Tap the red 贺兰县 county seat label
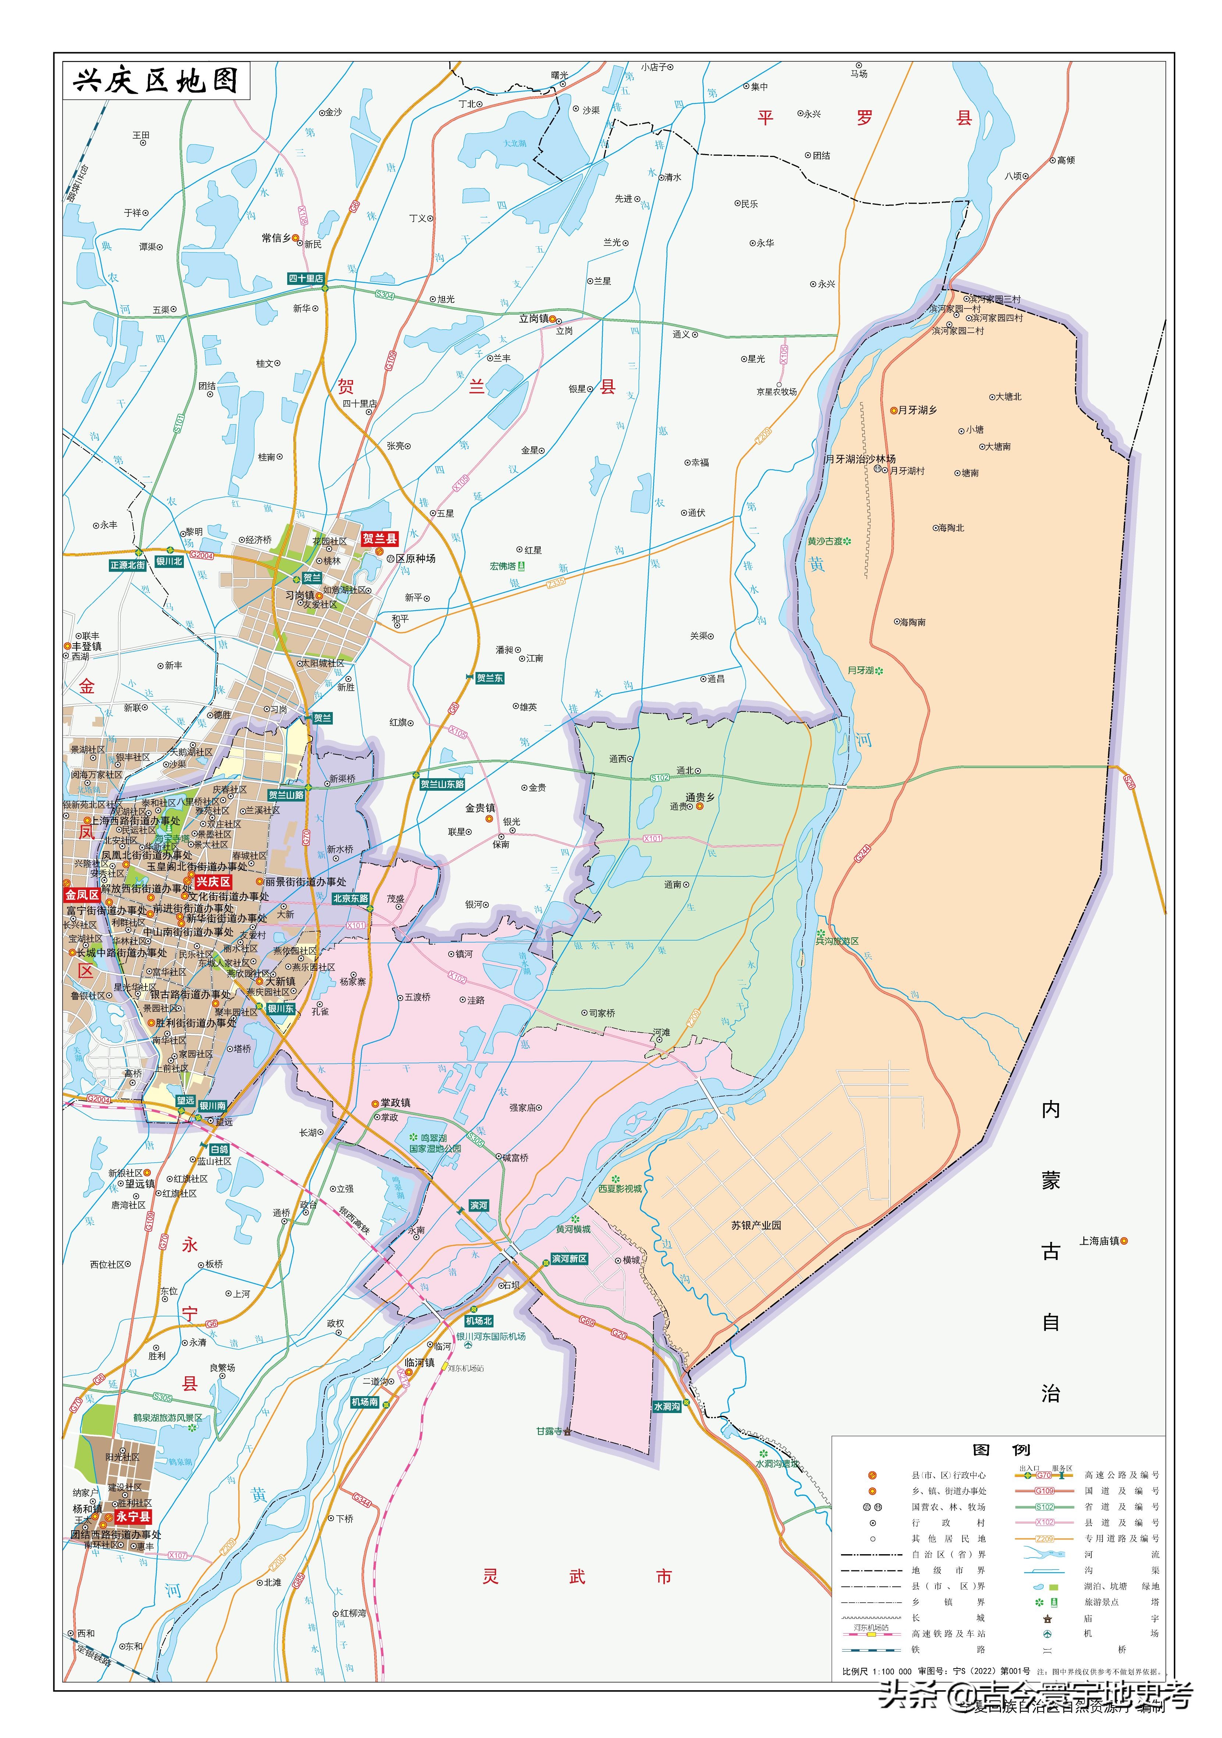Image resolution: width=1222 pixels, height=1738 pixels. point(379,539)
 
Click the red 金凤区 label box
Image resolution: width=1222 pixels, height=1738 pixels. point(82,895)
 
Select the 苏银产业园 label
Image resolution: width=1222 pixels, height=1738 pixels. point(756,1225)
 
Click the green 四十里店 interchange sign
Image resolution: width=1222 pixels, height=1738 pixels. point(306,279)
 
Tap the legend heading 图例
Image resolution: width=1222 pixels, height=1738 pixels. point(1001,1449)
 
